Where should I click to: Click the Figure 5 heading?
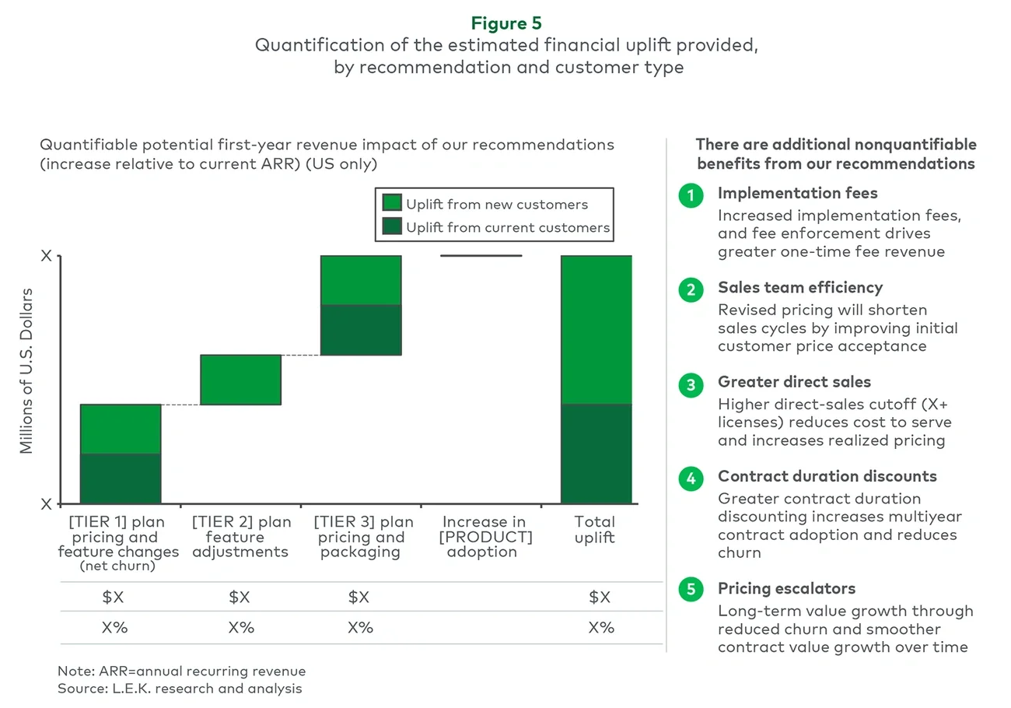click(x=506, y=23)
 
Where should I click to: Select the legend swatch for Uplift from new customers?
click(x=392, y=204)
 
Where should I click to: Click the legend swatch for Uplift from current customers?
click(x=392, y=227)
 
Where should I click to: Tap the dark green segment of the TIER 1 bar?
click(x=121, y=478)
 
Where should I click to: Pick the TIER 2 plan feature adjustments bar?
click(x=240, y=380)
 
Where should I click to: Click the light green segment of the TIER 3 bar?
click(x=361, y=280)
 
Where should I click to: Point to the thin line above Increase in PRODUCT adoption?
click(x=481, y=255)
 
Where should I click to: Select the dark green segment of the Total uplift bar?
click(x=596, y=454)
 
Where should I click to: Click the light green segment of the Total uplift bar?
click(x=596, y=329)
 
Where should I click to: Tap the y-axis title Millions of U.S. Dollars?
click(x=27, y=370)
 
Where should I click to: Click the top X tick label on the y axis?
click(x=47, y=256)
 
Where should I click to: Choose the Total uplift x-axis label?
click(x=594, y=529)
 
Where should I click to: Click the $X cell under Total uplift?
click(x=600, y=598)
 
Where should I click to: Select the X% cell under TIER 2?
click(x=240, y=627)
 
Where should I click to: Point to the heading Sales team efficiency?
click(x=799, y=288)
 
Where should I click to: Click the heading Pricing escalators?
click(x=786, y=588)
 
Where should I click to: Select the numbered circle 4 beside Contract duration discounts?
click(x=691, y=478)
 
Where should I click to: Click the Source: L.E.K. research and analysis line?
click(x=180, y=689)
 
